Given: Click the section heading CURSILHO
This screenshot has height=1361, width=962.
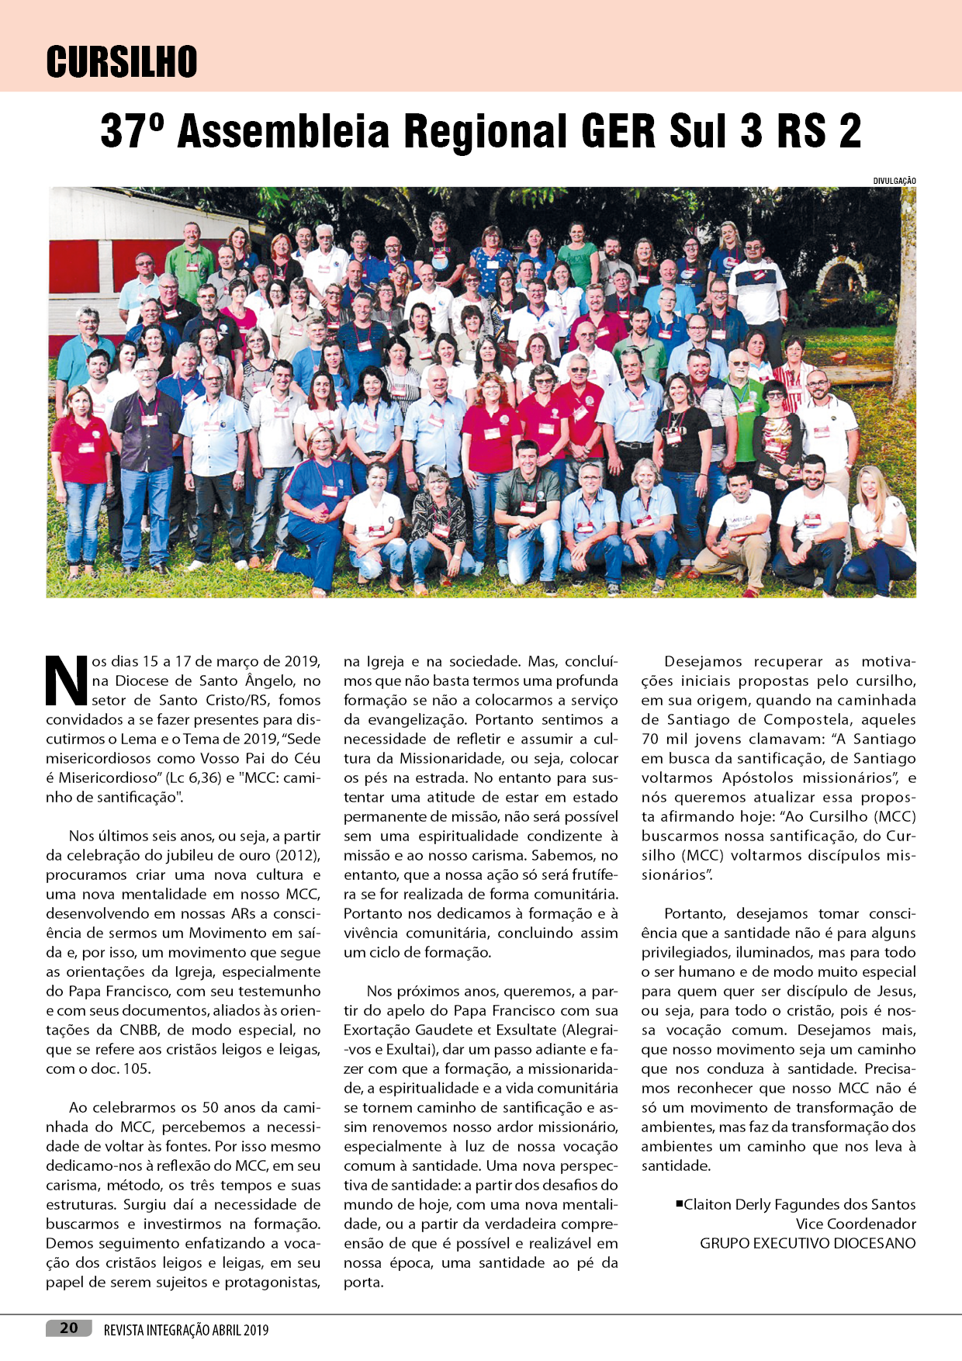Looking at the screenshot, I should click(122, 61).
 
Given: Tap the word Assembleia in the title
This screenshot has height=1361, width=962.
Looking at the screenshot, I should click(282, 131).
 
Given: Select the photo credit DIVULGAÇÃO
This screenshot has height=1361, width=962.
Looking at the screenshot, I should click(894, 181).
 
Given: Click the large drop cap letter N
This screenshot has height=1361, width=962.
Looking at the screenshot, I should click(66, 680).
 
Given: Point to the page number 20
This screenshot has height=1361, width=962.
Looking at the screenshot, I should click(69, 1328).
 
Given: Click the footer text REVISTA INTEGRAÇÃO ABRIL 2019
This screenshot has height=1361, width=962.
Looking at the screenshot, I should click(186, 1330).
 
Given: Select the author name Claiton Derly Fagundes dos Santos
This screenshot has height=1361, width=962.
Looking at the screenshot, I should click(799, 1204).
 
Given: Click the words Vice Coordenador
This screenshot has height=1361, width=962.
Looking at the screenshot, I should click(856, 1224).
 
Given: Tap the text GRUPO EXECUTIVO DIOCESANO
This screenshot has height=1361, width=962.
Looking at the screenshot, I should click(808, 1243).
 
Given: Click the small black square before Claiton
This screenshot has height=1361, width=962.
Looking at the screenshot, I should click(680, 1203).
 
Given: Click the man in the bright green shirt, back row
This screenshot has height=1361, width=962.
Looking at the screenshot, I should click(190, 256).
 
